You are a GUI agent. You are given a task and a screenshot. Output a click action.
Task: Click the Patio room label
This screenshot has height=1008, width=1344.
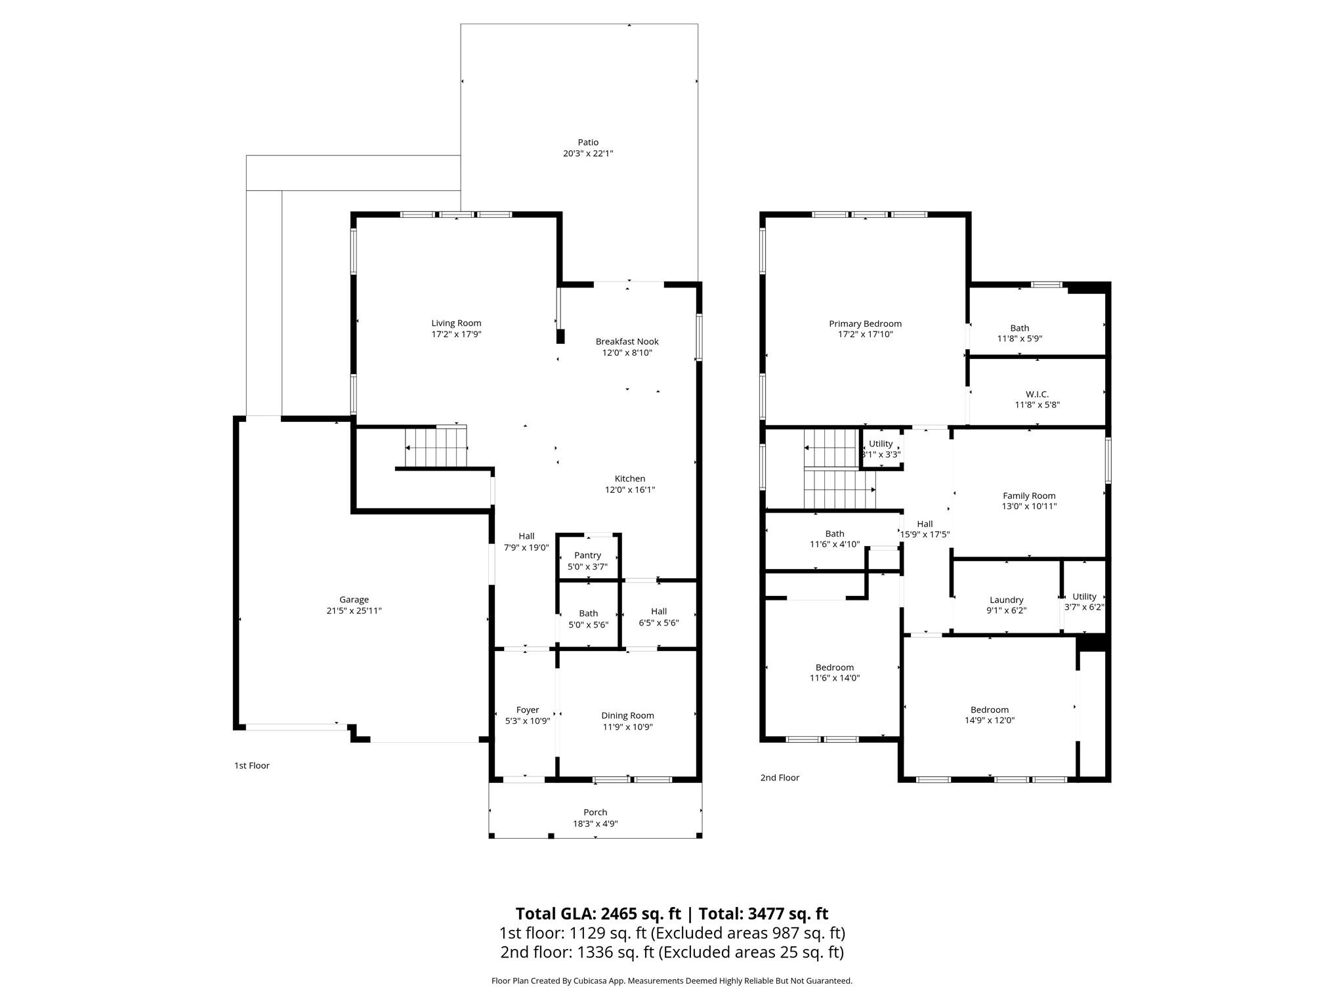pos(588,142)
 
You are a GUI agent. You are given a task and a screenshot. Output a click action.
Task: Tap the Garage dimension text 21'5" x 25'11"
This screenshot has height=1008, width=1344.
pos(354,610)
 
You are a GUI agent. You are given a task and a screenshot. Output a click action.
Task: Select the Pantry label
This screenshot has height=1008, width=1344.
pos(587,555)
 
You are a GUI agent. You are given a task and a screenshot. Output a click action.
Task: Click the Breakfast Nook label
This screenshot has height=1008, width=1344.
pos(627,341)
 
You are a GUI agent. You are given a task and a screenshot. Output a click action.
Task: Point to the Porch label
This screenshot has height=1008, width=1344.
pos(595,812)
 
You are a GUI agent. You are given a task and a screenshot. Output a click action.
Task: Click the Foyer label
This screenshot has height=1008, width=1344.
pos(528,709)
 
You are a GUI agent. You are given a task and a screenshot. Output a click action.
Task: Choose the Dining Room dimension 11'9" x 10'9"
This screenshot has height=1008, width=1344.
pos(627,726)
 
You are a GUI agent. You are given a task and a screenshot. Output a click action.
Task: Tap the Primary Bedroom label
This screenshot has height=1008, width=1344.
pos(865,324)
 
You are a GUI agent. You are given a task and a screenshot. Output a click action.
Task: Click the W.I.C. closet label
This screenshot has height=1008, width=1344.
pos(1037,394)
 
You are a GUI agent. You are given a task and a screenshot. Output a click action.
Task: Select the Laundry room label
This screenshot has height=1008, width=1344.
pos(1006,600)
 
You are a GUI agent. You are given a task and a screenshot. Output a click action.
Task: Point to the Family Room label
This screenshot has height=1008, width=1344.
pos(1029,495)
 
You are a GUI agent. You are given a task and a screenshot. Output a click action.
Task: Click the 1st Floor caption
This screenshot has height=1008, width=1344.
pos(252,765)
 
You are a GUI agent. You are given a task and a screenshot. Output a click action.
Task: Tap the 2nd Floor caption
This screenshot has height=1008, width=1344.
pos(780,778)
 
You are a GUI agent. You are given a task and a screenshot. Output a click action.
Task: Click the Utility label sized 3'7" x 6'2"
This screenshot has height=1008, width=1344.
pos(1084,597)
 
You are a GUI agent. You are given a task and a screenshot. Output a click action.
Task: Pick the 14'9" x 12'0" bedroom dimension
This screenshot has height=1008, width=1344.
pos(990,720)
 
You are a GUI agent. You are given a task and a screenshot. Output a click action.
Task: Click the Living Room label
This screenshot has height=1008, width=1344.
pos(456,323)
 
